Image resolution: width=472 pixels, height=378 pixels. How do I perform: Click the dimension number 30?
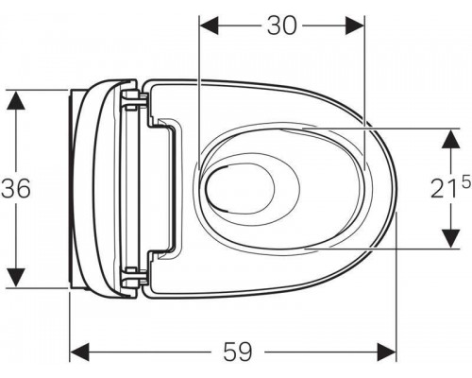281,26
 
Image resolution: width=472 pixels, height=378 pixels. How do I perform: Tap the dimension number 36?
16,189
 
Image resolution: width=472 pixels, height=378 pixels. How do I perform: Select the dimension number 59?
239,352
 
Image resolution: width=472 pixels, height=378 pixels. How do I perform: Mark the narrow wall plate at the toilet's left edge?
73,188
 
